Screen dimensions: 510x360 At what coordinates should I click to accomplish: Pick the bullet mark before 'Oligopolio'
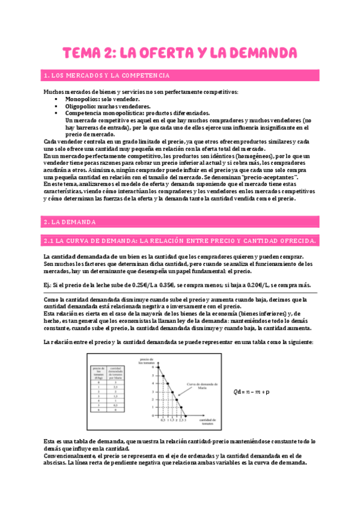coord(56,106)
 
